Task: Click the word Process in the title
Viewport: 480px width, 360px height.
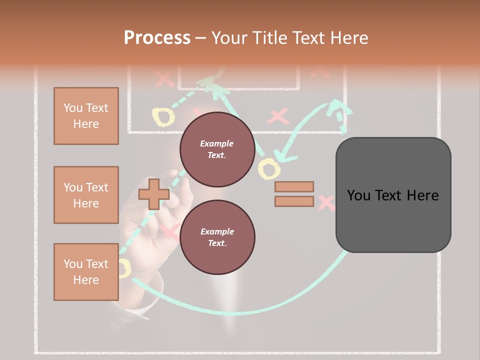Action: pyautogui.click(x=157, y=38)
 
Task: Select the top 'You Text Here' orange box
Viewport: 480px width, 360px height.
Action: pyautogui.click(x=86, y=116)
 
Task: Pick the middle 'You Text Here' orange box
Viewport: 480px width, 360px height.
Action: pyautogui.click(x=86, y=195)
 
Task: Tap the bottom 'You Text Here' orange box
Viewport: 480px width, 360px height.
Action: pyautogui.click(x=86, y=272)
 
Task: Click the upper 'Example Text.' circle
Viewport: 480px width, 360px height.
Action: pyautogui.click(x=217, y=149)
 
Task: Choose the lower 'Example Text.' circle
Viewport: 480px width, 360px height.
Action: pyautogui.click(x=217, y=237)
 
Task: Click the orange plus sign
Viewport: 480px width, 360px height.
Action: pyautogui.click(x=153, y=194)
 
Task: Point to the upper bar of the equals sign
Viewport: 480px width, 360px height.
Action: pyautogui.click(x=294, y=186)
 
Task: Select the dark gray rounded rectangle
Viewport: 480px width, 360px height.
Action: pyautogui.click(x=393, y=195)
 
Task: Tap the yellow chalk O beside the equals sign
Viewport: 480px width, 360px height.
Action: pyautogui.click(x=268, y=169)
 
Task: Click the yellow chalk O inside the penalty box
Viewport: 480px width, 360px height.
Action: pyautogui.click(x=163, y=116)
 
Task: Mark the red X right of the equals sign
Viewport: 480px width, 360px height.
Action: pyautogui.click(x=326, y=202)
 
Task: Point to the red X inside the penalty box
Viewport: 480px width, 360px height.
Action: pyautogui.click(x=278, y=116)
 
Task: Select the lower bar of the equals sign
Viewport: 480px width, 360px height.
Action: pyautogui.click(x=294, y=201)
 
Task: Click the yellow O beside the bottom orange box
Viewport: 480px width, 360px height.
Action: pyautogui.click(x=123, y=268)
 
